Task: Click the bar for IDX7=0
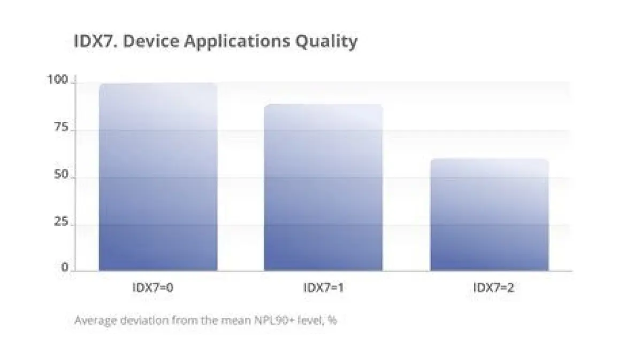158,177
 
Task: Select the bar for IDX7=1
323,187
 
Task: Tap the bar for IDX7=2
489,215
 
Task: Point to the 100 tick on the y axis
57,80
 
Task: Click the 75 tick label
61,127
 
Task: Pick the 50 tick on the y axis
61,175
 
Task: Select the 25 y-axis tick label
61,222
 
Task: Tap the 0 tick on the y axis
65,267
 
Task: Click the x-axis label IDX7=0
153,287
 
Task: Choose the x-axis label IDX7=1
323,287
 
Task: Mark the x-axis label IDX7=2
494,287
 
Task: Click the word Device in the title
150,41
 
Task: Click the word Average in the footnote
95,320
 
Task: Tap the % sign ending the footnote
332,320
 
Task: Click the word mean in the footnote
237,320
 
